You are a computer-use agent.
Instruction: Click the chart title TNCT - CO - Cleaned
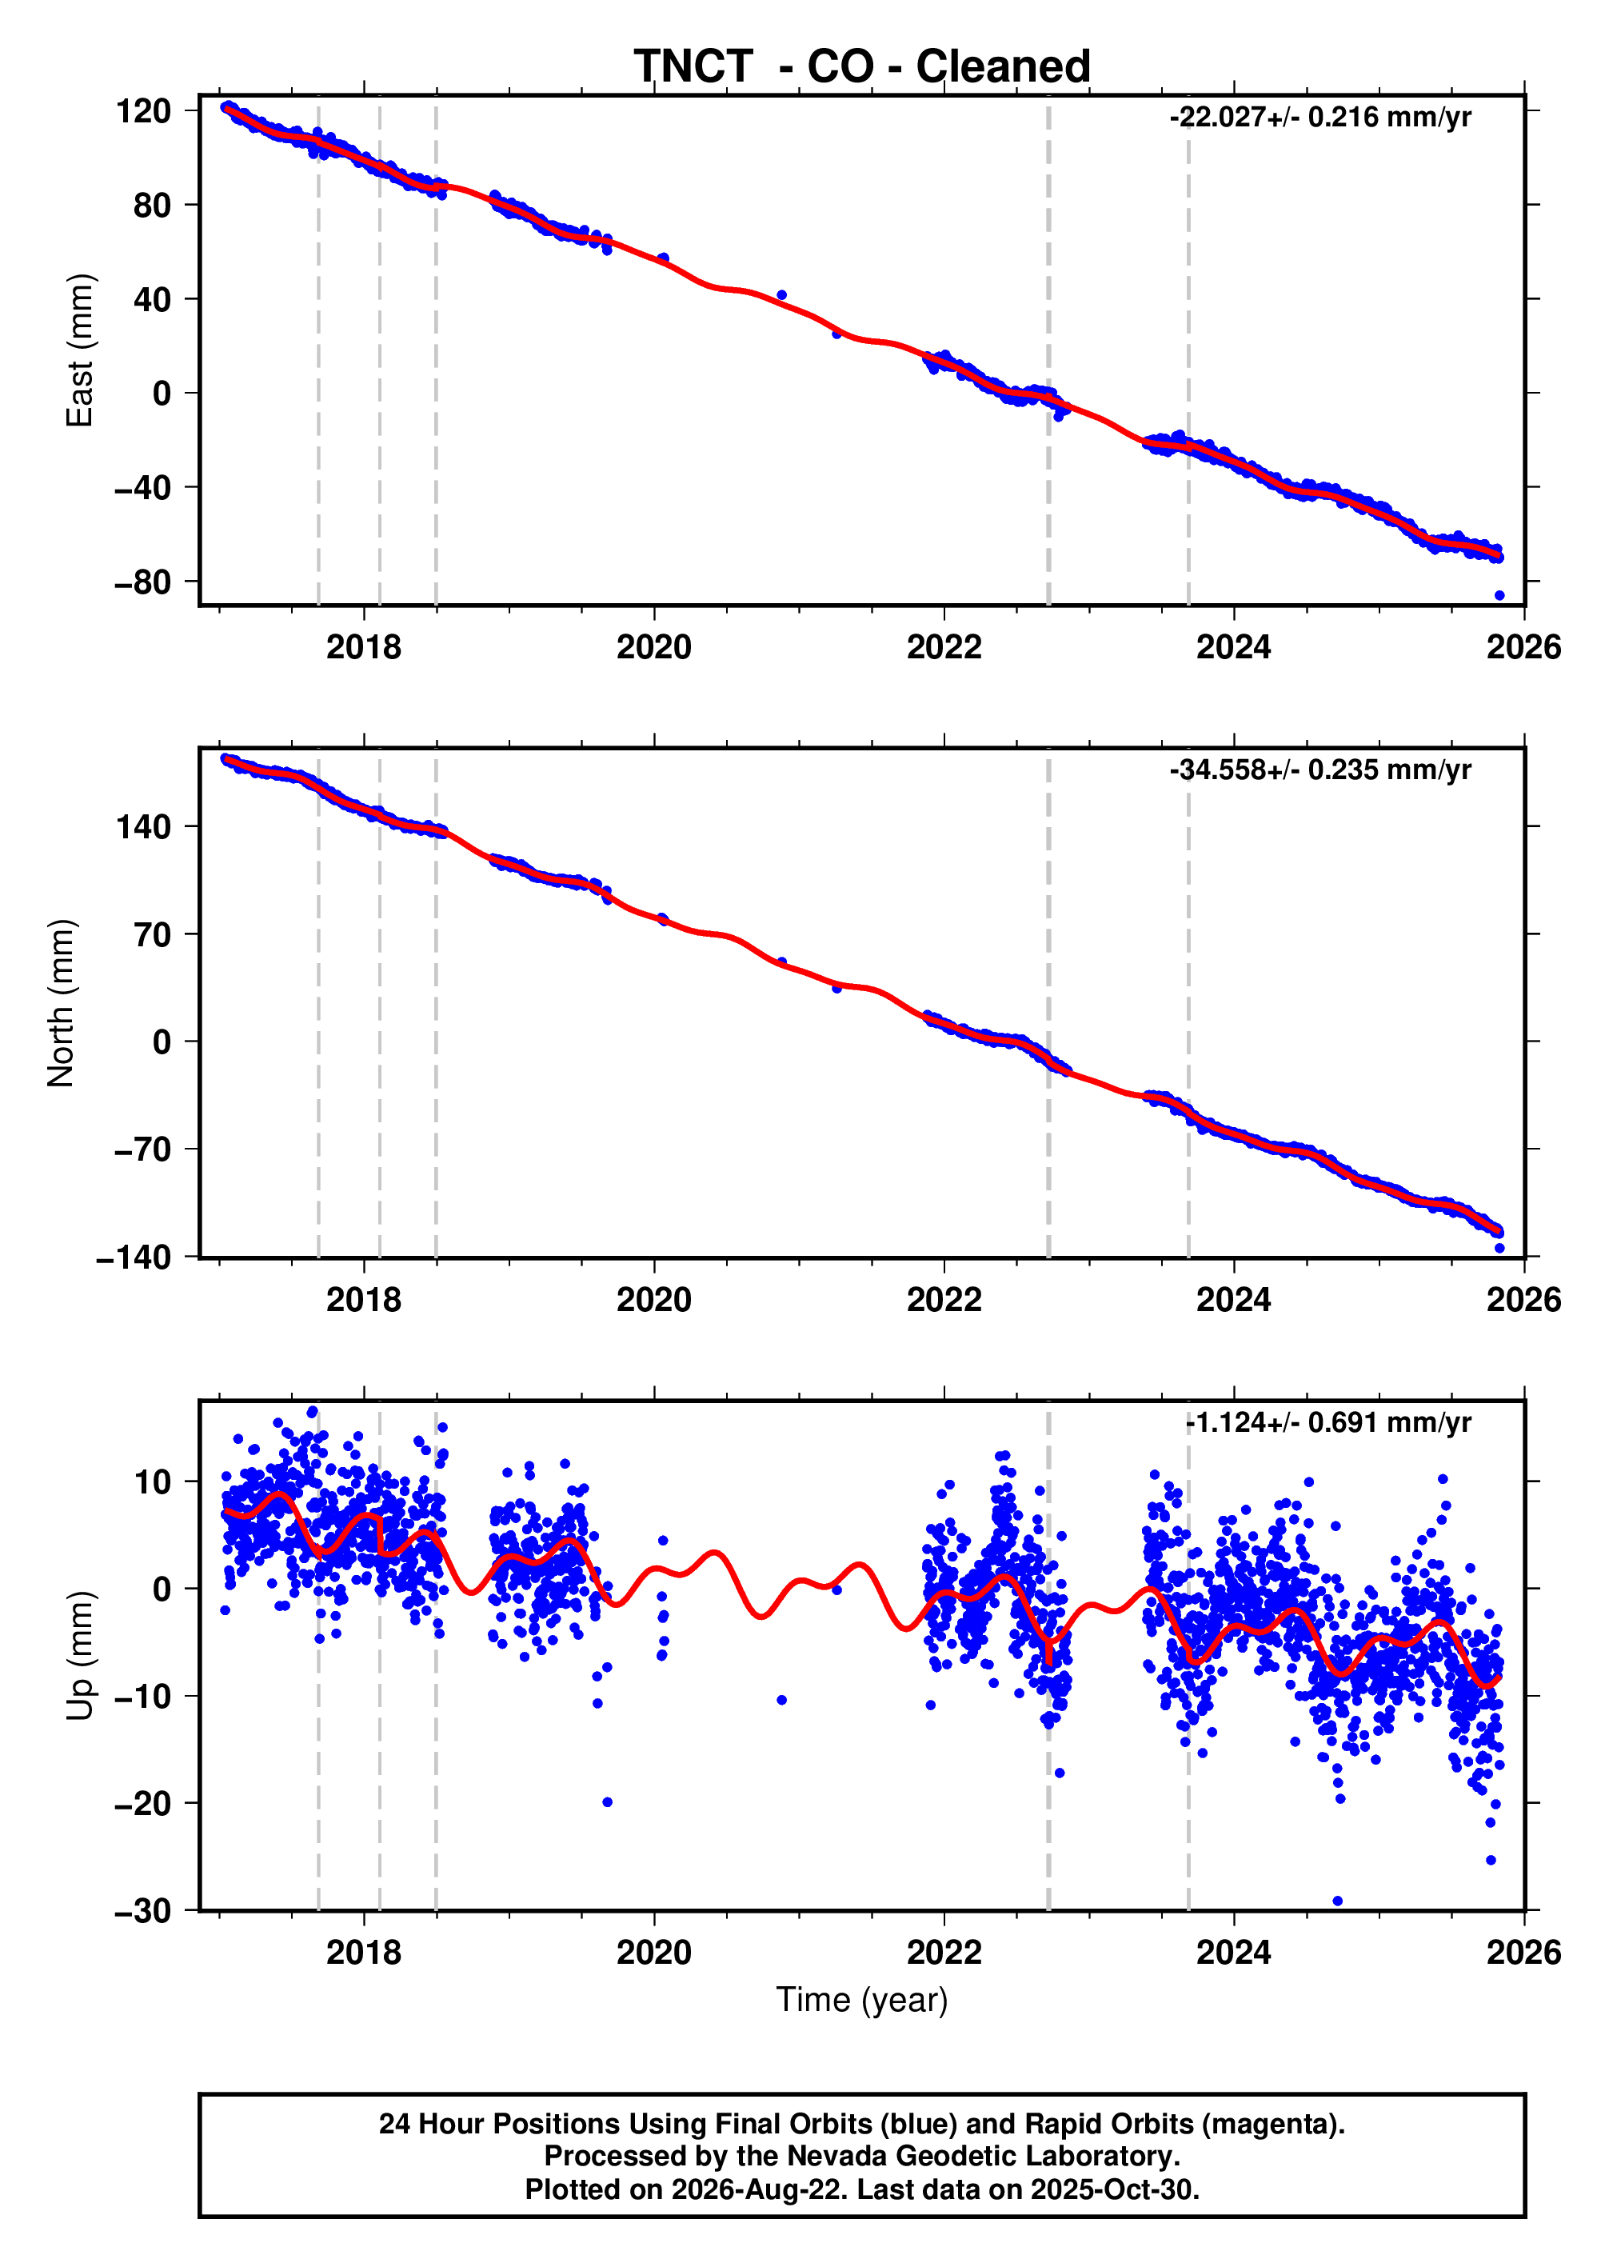point(862,66)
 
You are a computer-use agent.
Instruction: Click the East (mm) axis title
point(79,350)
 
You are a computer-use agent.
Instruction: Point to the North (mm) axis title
point(62,1003)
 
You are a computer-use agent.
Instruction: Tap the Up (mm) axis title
point(79,1656)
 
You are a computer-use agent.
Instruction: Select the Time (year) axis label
point(862,2001)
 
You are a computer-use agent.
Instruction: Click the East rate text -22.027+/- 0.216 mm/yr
point(1320,117)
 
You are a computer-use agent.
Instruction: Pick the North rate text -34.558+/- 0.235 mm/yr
point(1320,770)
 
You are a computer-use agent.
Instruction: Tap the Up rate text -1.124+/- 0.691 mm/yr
point(1328,1423)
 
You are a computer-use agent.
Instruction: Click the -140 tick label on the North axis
point(134,1258)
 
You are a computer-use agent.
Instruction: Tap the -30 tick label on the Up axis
point(142,1911)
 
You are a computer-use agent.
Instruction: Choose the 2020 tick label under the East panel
point(654,647)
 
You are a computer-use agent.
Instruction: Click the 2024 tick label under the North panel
point(1233,1300)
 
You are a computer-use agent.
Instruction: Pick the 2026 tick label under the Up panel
point(1523,1953)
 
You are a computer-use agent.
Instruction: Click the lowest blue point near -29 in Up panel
point(1338,1901)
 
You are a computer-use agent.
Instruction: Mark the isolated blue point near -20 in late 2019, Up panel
point(607,1802)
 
